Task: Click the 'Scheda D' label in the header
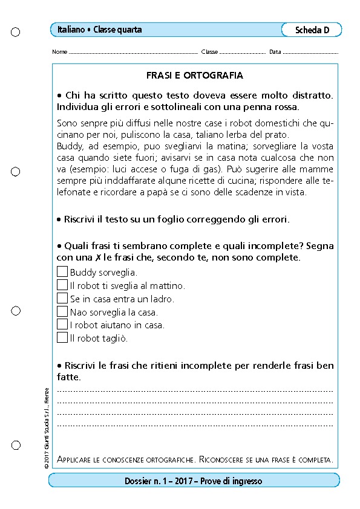tap(312, 30)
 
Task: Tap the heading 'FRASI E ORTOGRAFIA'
tap(195, 76)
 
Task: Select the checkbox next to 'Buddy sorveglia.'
tap(62, 272)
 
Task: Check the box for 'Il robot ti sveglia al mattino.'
tap(62, 285)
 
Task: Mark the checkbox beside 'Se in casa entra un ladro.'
tap(62, 299)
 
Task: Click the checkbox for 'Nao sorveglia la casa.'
tap(62, 312)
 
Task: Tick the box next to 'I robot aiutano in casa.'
tap(62, 325)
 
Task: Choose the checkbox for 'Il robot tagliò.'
tap(62, 338)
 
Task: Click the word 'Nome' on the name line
tap(59, 52)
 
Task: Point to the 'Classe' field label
tap(209, 52)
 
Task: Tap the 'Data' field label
tap(275, 52)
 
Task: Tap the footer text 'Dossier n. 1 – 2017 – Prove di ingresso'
tap(194, 481)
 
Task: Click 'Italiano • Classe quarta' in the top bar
tap(100, 30)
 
